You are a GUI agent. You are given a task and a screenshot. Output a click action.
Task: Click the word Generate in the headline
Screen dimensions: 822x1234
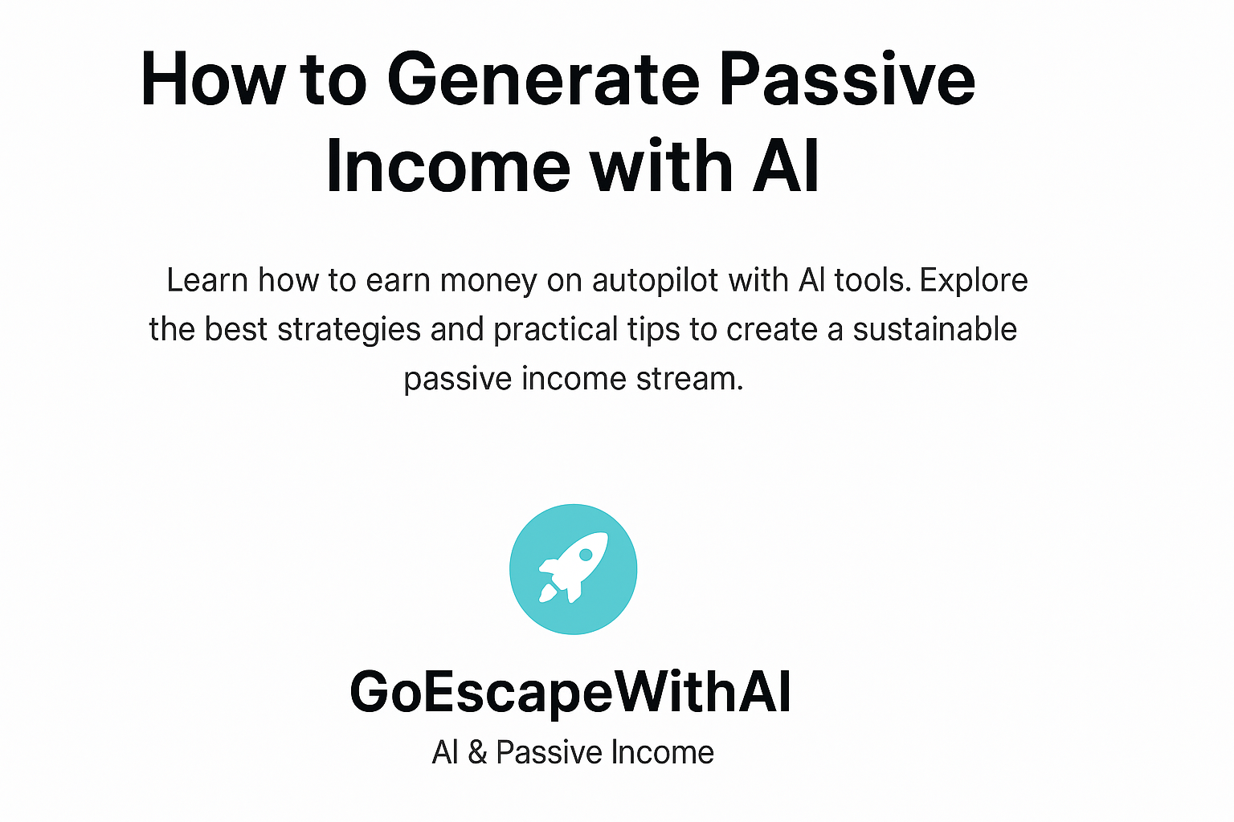click(x=544, y=79)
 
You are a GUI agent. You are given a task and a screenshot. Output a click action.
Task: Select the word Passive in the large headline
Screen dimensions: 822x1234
click(x=847, y=79)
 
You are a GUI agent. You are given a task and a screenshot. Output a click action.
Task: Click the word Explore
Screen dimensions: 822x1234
click(x=974, y=280)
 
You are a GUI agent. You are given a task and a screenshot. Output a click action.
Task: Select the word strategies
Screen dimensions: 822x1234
click(x=349, y=330)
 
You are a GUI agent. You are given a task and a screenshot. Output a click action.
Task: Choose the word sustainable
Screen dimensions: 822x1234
click(x=935, y=329)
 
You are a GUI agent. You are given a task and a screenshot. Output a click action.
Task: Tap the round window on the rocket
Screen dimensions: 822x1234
click(x=586, y=555)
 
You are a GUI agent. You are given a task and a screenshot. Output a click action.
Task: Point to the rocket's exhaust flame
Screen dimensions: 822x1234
click(x=546, y=594)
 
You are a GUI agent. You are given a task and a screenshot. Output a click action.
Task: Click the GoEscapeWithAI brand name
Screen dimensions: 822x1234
click(x=570, y=692)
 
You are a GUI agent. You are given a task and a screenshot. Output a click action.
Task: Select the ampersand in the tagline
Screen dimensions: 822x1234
click(x=477, y=753)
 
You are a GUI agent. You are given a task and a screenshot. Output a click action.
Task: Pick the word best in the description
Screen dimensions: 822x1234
click(x=235, y=330)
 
